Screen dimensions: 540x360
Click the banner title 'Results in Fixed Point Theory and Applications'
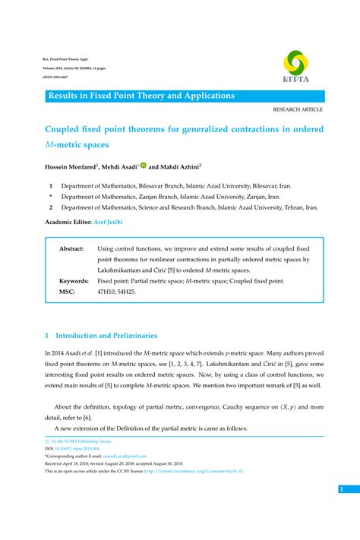tap(141, 96)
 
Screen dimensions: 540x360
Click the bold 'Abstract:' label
tap(71, 248)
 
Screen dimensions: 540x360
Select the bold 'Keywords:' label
tap(74, 280)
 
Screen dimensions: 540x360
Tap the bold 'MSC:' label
tap(67, 291)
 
